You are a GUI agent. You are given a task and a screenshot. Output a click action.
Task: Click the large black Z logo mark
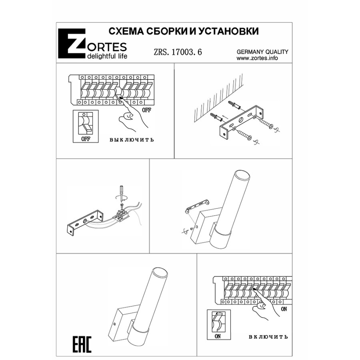pos(72,43)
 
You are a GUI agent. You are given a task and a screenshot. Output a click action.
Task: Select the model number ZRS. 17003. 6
pos(178,52)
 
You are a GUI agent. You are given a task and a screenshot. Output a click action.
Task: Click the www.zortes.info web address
pos(257,58)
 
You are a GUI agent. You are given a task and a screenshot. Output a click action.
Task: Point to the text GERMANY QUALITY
pos(262,52)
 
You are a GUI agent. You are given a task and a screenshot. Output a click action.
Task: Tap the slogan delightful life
pos(107,56)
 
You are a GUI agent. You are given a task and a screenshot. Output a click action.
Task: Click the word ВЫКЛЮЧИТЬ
pos(132,140)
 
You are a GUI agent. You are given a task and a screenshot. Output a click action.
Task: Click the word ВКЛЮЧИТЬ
pos(268,337)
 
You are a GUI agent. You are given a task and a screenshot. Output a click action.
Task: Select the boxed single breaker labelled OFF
pos(86,126)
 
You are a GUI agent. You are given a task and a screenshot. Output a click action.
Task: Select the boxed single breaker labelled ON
pos(219,325)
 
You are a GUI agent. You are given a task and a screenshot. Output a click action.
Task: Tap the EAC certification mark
pos(82,344)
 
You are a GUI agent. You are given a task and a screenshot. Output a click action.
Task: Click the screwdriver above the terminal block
pos(121,194)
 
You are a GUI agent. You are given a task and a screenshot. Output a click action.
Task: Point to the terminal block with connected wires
pos(121,215)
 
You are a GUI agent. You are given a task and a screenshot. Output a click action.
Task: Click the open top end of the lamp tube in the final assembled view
pos(160,272)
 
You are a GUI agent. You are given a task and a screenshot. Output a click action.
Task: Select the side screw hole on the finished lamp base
pos(114,324)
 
